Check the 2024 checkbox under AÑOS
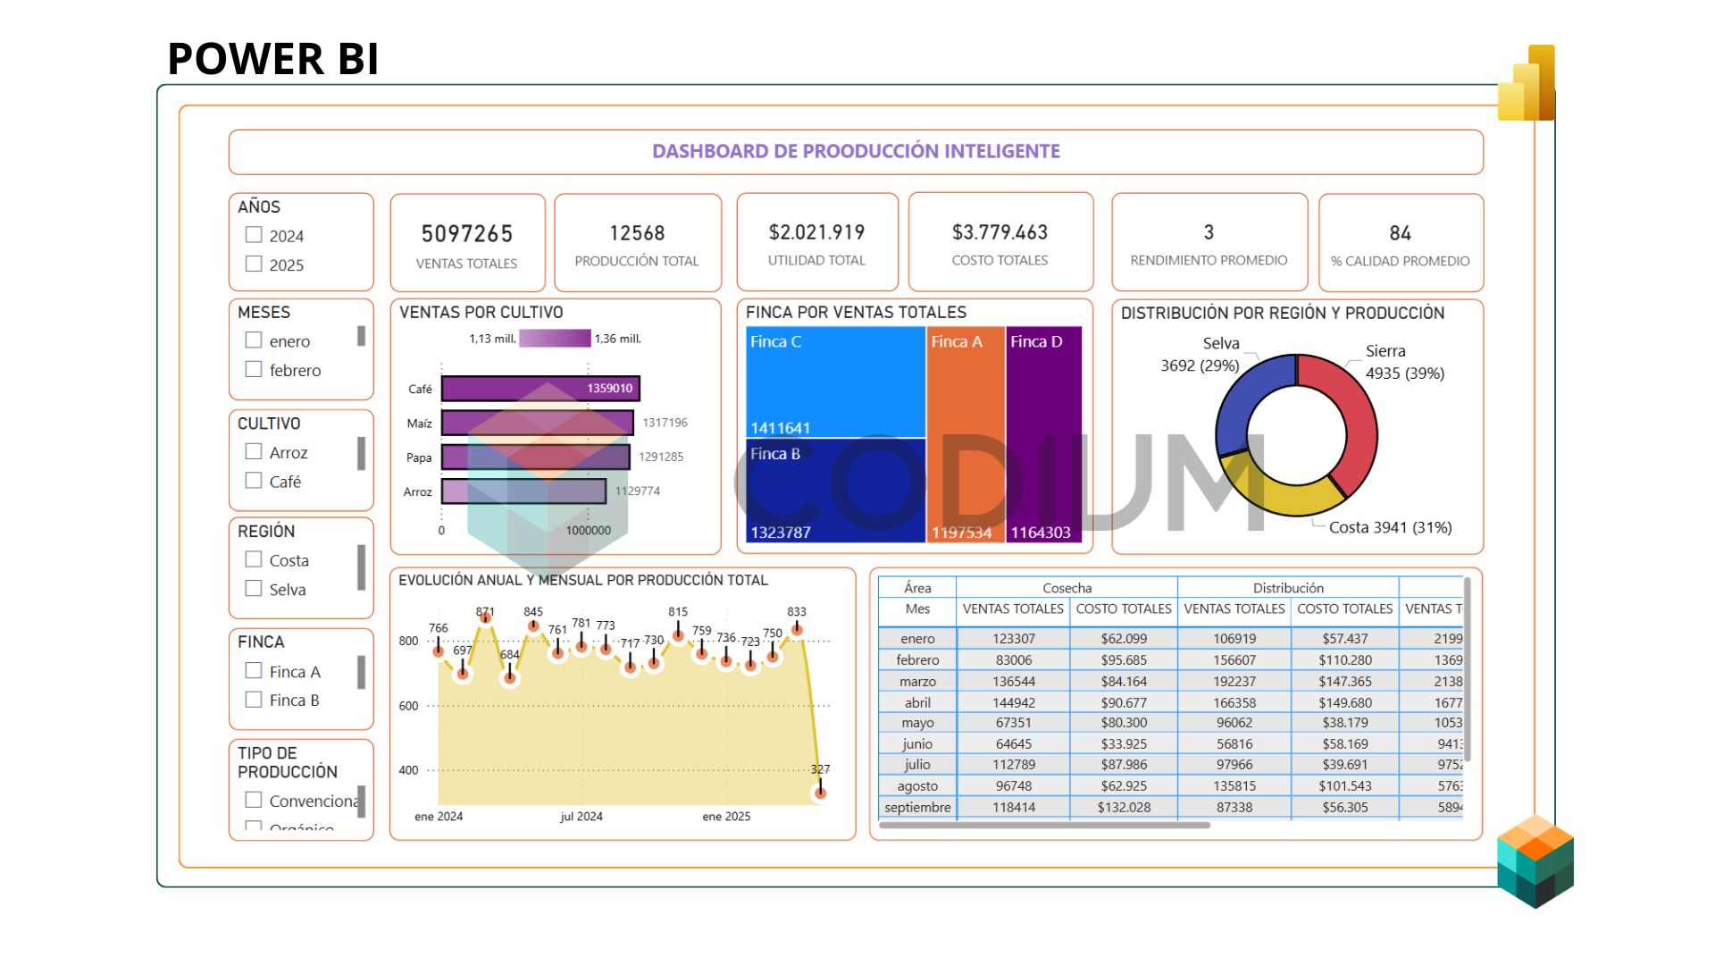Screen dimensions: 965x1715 coord(254,235)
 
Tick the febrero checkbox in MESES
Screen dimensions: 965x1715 coord(254,369)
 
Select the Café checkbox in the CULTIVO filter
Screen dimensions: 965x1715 coord(254,481)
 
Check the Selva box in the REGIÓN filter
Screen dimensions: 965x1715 coord(254,589)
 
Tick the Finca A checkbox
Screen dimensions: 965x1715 coord(254,671)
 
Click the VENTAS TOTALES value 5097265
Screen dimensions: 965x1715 coord(466,234)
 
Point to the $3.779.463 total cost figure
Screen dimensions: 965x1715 coord(1000,232)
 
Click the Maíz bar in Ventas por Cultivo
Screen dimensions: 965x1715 coord(536,423)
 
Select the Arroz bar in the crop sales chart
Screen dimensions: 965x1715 coord(523,491)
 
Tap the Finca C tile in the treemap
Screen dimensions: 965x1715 coord(835,382)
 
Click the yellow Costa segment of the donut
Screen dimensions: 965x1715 coord(1286,495)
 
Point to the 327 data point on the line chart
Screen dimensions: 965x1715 coord(820,793)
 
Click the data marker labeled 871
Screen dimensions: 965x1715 coord(485,617)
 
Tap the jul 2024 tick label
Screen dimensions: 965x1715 coord(581,817)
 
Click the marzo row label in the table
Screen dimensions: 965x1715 coord(917,681)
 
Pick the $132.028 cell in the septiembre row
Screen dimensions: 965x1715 coord(1124,808)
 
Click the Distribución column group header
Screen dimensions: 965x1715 coord(1287,588)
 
